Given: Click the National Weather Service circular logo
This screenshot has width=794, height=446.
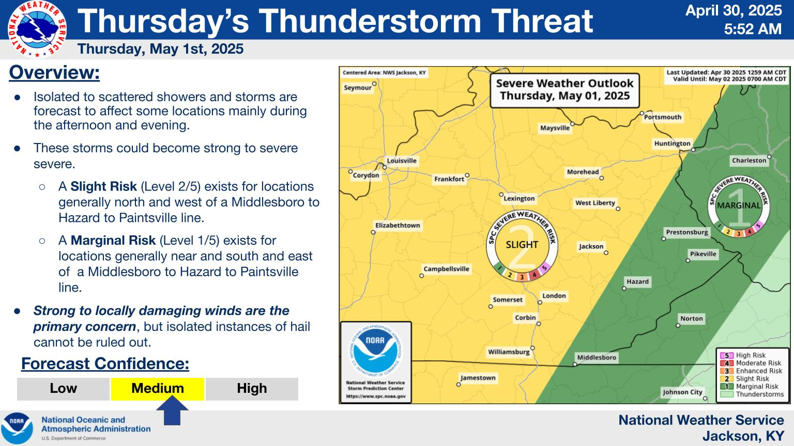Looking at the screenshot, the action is [37, 29].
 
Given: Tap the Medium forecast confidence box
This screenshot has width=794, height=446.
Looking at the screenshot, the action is [157, 389].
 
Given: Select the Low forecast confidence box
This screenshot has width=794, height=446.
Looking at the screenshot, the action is [63, 389].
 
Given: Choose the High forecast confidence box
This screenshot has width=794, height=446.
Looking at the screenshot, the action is [252, 389].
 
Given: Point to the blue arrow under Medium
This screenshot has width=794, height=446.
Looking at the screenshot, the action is [172, 410].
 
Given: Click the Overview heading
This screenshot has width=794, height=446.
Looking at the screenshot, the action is [54, 73].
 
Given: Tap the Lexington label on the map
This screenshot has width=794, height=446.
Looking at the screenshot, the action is [519, 199].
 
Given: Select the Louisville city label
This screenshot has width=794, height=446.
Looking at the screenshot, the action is [402, 161].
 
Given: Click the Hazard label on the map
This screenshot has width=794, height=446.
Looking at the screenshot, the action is [637, 282].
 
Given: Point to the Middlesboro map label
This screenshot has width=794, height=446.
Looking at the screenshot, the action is [597, 358].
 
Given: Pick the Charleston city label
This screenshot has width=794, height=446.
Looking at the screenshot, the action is [749, 161].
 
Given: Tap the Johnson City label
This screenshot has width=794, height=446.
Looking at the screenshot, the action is [682, 392].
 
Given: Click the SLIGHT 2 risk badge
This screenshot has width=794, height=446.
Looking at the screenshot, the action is [522, 246].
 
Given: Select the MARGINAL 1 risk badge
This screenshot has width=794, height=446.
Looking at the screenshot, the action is [739, 206].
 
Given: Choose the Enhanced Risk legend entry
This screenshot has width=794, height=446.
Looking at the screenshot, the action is [751, 371].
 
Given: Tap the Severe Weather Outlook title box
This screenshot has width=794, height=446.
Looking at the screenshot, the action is [564, 90].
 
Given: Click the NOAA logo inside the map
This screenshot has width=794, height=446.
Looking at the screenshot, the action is [376, 351].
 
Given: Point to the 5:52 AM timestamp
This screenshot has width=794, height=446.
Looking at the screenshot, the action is [753, 29].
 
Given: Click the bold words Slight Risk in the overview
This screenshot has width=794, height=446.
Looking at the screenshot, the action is [103, 186].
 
